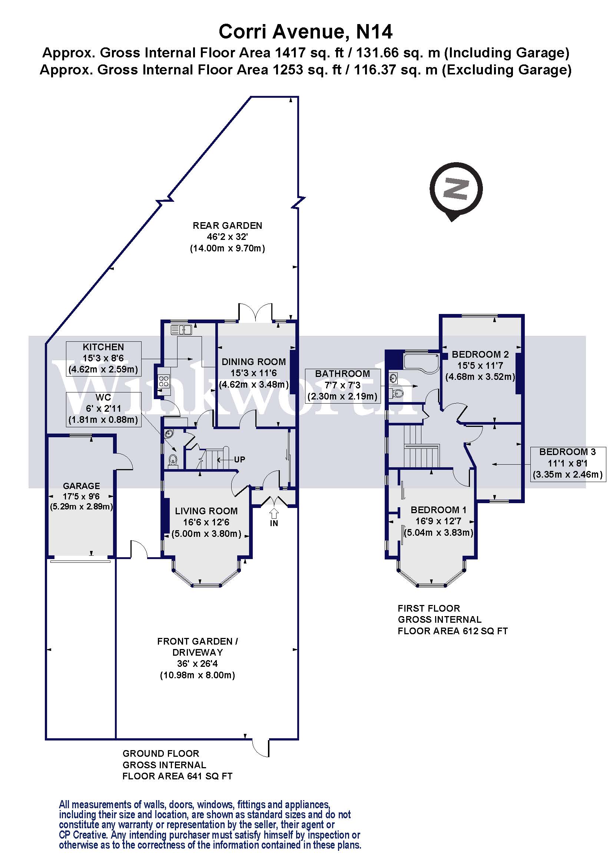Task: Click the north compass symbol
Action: (455, 190)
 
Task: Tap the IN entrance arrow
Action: (274, 513)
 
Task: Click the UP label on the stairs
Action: (239, 459)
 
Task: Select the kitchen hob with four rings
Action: (164, 381)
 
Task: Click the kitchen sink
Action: (181, 330)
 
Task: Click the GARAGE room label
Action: (82, 486)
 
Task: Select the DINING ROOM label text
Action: (254, 362)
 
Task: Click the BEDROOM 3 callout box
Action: (567, 463)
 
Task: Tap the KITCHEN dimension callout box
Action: (103, 358)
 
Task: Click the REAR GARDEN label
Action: (227, 225)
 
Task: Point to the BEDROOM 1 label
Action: (438, 510)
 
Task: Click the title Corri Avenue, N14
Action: (306, 32)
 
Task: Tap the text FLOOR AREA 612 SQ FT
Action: (453, 631)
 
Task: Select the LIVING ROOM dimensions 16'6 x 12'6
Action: (206, 522)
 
